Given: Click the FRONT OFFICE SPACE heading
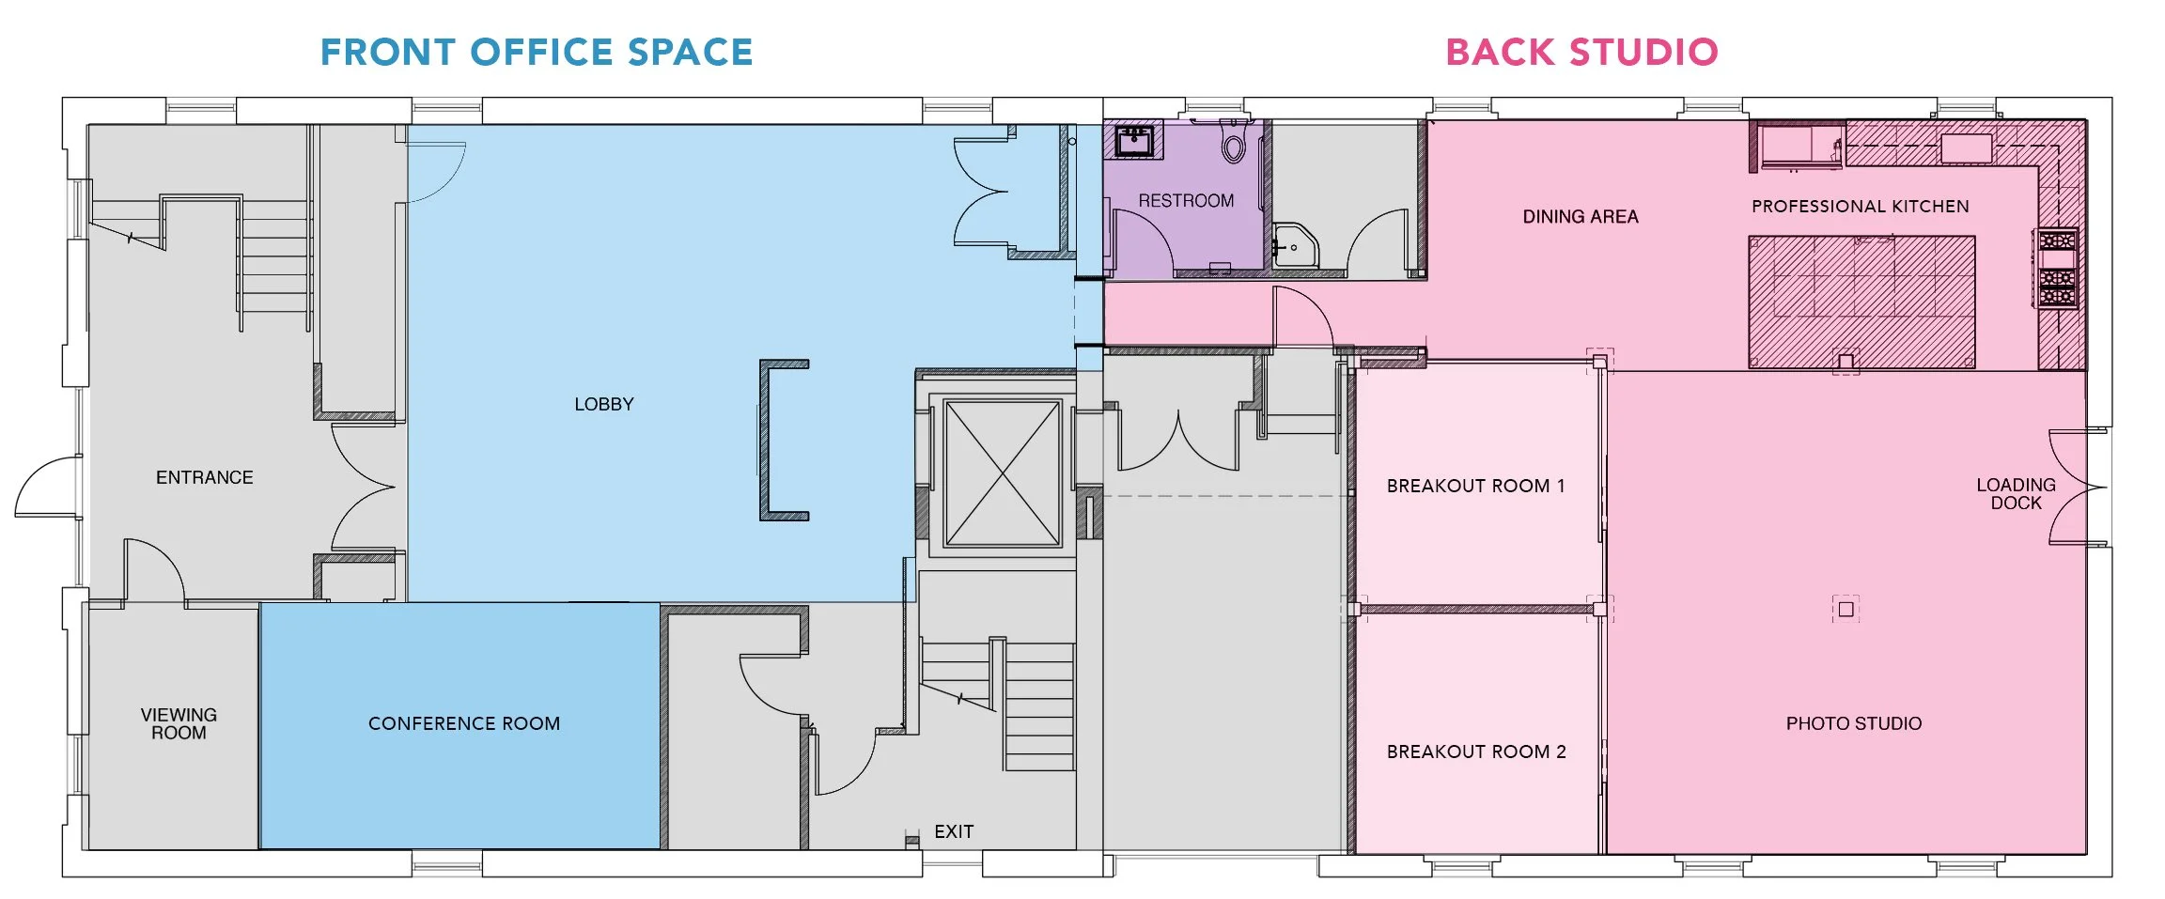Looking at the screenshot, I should [537, 53].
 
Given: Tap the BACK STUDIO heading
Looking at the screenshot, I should [1581, 53].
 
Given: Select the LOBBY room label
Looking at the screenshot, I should [604, 404].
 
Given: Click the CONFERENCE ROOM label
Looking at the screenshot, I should [464, 723].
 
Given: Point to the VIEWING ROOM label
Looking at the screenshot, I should [179, 723].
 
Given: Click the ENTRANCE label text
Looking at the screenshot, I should [204, 477].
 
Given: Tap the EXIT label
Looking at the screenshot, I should [954, 831].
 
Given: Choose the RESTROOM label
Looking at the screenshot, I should [1186, 200].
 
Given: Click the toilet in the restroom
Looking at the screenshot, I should [1234, 144].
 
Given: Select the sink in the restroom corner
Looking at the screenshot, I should [1134, 141].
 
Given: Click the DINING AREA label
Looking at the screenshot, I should [1580, 217].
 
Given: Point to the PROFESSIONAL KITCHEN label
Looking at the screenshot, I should [1860, 207].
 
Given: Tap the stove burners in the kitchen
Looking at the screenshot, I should [2057, 269].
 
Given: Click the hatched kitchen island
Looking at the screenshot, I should [1861, 301].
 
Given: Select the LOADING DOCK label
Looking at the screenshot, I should [2016, 493].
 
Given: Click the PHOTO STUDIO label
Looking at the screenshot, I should [1853, 723].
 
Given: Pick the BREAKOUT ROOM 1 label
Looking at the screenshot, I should [1475, 486].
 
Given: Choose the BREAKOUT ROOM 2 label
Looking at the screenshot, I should [1475, 752].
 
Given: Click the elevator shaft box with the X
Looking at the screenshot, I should [1003, 473].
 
